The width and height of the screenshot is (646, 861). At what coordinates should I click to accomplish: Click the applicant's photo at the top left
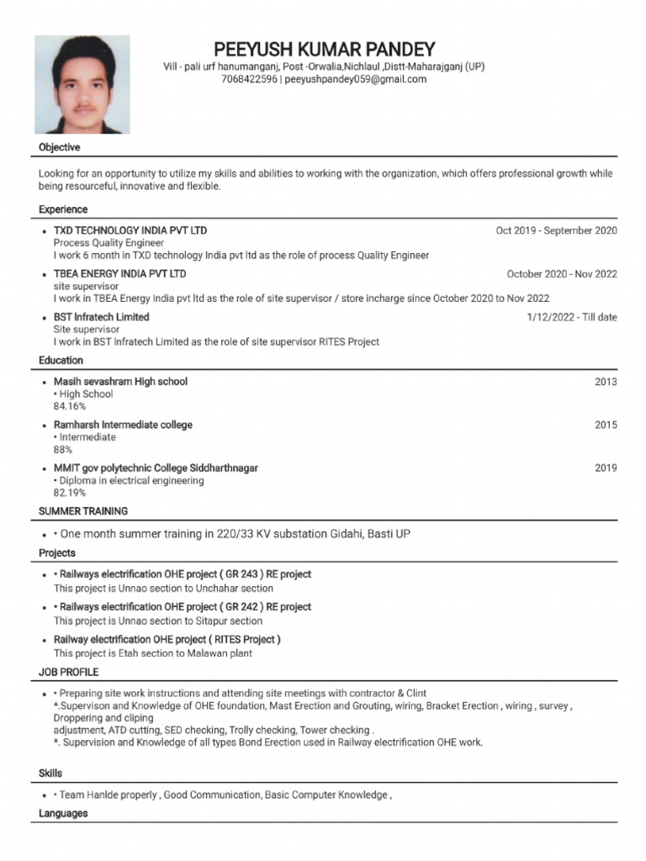(x=82, y=85)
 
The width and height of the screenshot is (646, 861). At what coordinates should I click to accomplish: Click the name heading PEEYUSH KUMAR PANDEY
(x=324, y=49)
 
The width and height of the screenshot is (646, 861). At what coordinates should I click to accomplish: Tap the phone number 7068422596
(x=249, y=80)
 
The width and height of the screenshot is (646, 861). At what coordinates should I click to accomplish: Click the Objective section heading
(x=60, y=148)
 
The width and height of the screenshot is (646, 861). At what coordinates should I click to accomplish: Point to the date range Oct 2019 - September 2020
(x=556, y=230)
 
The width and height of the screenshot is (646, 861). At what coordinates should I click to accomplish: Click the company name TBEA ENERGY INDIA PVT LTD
(x=120, y=274)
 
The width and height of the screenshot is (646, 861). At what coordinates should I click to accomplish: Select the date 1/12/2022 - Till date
(x=571, y=317)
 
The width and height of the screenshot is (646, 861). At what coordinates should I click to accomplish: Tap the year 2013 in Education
(x=606, y=382)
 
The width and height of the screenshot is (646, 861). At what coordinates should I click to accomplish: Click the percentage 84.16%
(x=70, y=406)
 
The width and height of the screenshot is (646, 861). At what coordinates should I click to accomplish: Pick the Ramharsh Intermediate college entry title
(x=123, y=425)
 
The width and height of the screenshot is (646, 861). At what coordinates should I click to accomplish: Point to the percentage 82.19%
(x=70, y=493)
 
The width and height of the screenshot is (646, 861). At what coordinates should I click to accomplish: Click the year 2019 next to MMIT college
(x=606, y=468)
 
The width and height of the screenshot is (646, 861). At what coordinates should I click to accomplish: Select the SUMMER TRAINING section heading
(x=83, y=511)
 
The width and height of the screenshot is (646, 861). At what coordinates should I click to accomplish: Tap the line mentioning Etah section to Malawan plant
(x=153, y=653)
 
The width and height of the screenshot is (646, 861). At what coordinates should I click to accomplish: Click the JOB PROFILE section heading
(x=69, y=673)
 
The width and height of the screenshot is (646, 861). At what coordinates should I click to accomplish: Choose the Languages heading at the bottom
(x=63, y=814)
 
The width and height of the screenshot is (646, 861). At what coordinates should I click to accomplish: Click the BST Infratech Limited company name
(x=102, y=317)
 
